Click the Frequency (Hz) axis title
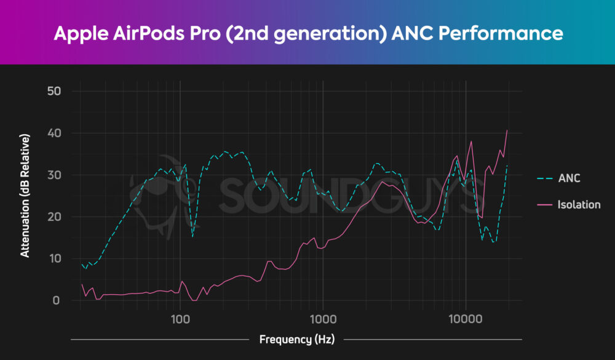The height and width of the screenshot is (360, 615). click(x=296, y=339)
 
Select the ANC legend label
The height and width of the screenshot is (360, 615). click(x=569, y=178)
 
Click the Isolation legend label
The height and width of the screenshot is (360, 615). click(x=579, y=204)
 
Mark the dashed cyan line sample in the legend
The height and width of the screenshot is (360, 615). click(x=544, y=178)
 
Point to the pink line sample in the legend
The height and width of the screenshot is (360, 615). click(x=544, y=204)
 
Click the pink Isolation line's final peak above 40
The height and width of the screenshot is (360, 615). click(x=507, y=130)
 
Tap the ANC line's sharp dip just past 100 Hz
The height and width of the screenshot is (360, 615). click(x=192, y=236)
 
